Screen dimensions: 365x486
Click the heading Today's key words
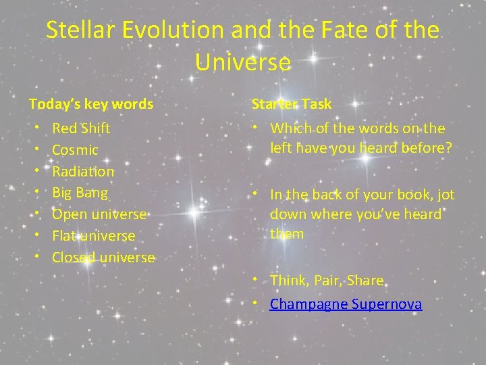pos(91,104)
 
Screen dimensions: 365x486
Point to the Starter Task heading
pos(292,104)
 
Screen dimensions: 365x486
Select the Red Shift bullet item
pos(81,128)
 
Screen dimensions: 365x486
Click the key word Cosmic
pos(75,150)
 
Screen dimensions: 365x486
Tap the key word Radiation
pos(83,172)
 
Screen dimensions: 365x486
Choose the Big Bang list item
pos(80,193)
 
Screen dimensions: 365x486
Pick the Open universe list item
pos(99,214)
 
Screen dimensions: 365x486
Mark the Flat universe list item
pos(93,236)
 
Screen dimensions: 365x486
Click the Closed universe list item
pos(103,258)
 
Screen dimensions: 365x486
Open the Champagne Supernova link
pos(346,304)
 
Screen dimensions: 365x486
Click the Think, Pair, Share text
pos(327,281)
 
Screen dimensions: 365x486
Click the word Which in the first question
pos(289,128)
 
